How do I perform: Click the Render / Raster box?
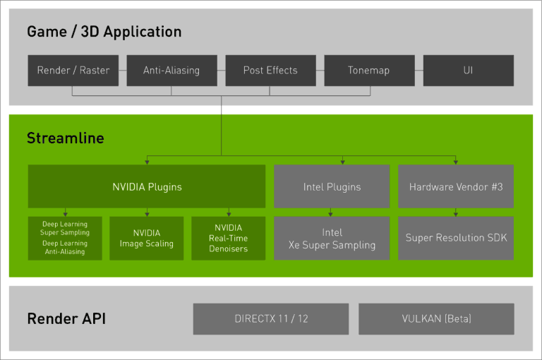pyautogui.click(x=73, y=71)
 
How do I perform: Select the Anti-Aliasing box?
pyautogui.click(x=171, y=71)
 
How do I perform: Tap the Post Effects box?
pyautogui.click(x=270, y=71)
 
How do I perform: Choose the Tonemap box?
pyautogui.click(x=368, y=71)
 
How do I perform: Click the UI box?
pyautogui.click(x=468, y=71)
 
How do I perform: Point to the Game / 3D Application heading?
pyautogui.click(x=104, y=32)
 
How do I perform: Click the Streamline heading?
pyautogui.click(x=65, y=138)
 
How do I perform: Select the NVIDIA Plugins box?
pyautogui.click(x=147, y=187)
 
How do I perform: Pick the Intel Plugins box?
pyautogui.click(x=332, y=187)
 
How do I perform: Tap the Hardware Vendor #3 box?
pyautogui.click(x=455, y=187)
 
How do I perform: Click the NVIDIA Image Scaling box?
pyautogui.click(x=147, y=239)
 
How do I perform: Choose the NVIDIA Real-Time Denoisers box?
pyautogui.click(x=229, y=239)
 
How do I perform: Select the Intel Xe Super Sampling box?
pyautogui.click(x=332, y=239)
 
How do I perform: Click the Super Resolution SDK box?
pyautogui.click(x=455, y=239)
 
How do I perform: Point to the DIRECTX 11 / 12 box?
pyautogui.click(x=271, y=319)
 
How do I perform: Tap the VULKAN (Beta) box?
pyautogui.click(x=436, y=319)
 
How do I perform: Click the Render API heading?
pyautogui.click(x=66, y=319)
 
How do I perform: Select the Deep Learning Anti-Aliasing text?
pyautogui.click(x=65, y=247)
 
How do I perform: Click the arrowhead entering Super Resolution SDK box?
pyautogui.click(x=455, y=213)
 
